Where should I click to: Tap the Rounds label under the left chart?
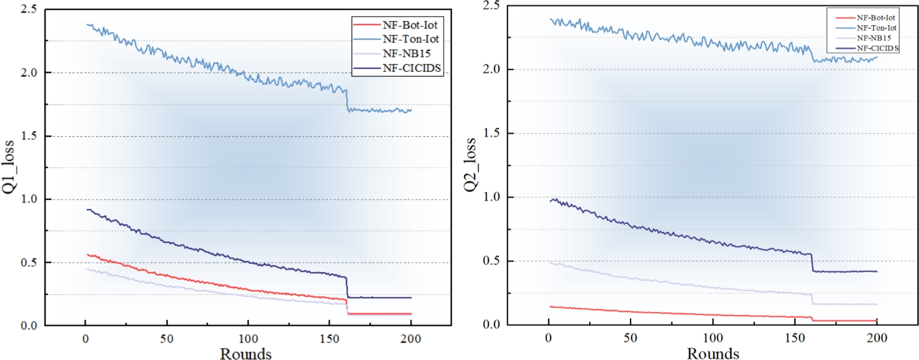pos(246,353)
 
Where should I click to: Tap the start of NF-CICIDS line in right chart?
pos(549,201)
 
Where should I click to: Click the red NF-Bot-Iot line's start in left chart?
pos(87,254)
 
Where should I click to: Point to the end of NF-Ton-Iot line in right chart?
pos(877,57)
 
